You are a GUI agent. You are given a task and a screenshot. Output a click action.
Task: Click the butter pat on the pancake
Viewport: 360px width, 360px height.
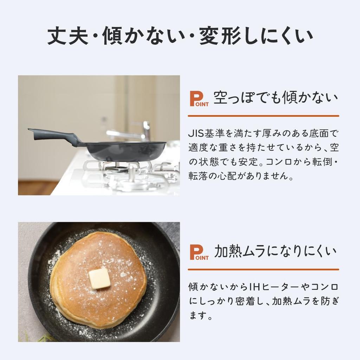[99, 278]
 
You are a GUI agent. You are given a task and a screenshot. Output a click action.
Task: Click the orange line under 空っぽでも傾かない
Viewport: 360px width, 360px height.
[263, 116]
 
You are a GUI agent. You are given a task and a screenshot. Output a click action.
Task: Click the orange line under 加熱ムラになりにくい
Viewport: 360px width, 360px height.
[263, 269]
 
